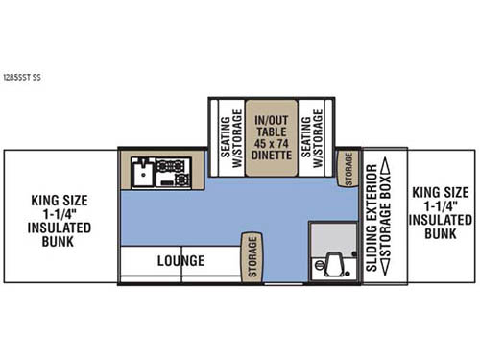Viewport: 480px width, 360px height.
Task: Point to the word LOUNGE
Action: tap(180, 260)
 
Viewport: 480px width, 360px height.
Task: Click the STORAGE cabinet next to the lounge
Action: tap(252, 256)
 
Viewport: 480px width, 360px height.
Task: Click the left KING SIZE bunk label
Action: tap(60, 201)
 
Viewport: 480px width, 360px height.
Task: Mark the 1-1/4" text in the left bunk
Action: tap(60, 214)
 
